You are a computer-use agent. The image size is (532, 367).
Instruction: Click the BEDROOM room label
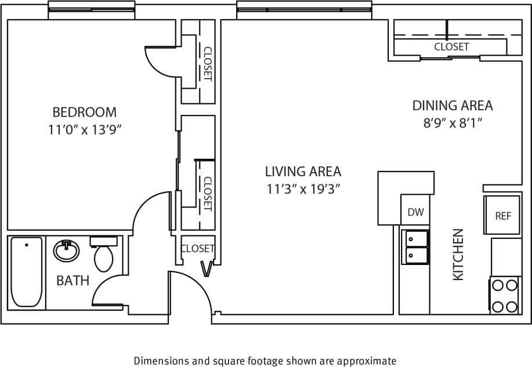pyautogui.click(x=84, y=112)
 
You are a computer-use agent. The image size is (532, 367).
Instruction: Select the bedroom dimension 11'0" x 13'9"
pyautogui.click(x=85, y=130)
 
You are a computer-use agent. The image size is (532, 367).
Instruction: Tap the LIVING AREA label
pyautogui.click(x=303, y=172)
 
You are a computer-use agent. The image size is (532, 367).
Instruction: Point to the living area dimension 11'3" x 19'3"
pyautogui.click(x=303, y=189)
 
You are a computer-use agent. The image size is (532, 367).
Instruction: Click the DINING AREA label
pyautogui.click(x=453, y=106)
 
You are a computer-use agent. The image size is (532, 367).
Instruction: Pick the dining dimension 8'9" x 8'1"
pyautogui.click(x=453, y=123)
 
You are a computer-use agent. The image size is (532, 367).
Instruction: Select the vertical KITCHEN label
pyautogui.click(x=458, y=255)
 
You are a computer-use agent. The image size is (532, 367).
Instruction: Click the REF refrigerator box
pyautogui.click(x=502, y=216)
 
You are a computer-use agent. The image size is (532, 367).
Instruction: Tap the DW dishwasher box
pyautogui.click(x=415, y=212)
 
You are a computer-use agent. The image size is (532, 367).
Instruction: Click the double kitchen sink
pyautogui.click(x=415, y=247)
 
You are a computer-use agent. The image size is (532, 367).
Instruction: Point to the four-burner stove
pyautogui.click(x=504, y=296)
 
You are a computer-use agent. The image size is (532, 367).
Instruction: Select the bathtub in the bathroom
pyautogui.click(x=27, y=271)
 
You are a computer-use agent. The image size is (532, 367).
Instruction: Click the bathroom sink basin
pyautogui.click(x=67, y=251)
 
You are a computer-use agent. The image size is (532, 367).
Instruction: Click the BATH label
pyautogui.click(x=73, y=281)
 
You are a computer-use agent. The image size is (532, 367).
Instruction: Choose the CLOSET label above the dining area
pyautogui.click(x=451, y=47)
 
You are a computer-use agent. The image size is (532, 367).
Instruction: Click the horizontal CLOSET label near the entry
pyautogui.click(x=197, y=249)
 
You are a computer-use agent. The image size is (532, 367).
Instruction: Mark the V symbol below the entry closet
pyautogui.click(x=206, y=268)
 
